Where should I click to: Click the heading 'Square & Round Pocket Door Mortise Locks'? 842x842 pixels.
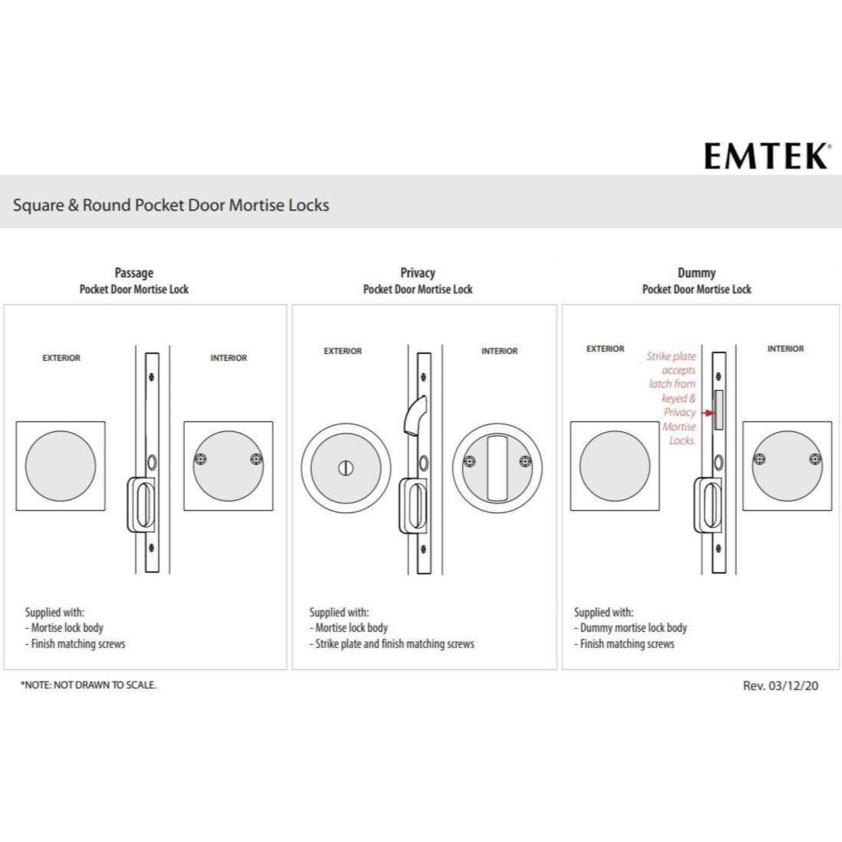point(171,205)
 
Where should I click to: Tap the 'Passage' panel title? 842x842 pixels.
point(134,272)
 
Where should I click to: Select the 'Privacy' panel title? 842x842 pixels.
point(418,272)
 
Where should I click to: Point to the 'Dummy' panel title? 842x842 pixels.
point(697,272)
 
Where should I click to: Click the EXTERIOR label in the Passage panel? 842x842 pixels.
point(61,358)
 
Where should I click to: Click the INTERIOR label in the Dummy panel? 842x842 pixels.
point(785,349)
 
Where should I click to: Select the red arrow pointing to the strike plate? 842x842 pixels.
point(707,413)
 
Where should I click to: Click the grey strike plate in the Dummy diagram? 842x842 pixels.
point(718,410)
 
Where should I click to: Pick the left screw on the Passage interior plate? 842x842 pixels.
point(201,459)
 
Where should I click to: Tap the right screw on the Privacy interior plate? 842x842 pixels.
point(526,461)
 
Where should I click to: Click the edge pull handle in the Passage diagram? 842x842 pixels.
point(141,505)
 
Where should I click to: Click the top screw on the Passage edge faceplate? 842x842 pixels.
point(151,376)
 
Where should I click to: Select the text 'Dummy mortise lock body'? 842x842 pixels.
point(633,628)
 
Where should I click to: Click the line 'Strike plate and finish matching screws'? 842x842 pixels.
point(395,643)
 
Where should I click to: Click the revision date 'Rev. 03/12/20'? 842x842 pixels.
point(780,685)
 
